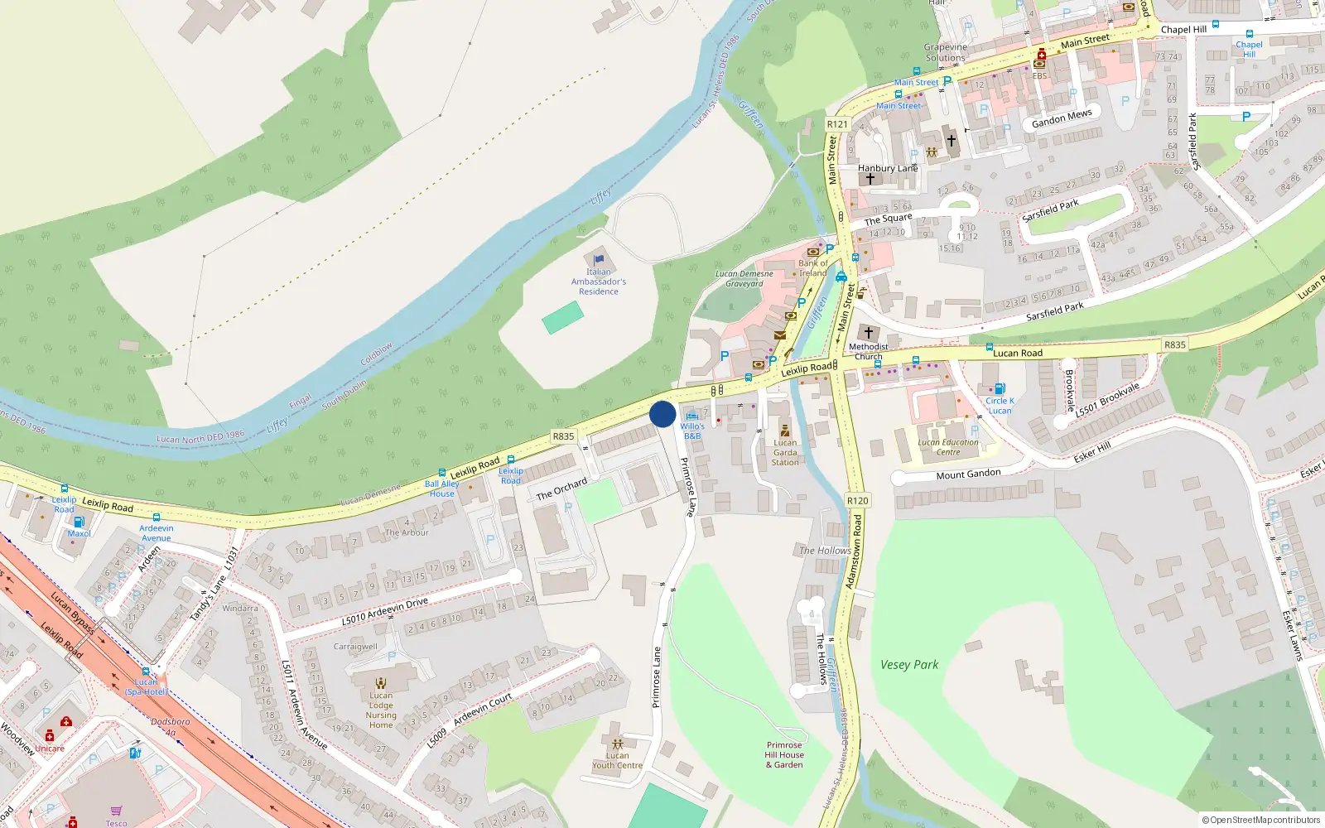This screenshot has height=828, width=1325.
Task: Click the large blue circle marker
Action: pos(662,414)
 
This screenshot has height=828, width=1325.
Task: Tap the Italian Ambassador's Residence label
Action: pos(599,282)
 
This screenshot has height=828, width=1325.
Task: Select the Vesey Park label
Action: pos(909,664)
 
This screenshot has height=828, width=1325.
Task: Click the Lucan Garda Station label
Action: pos(785,452)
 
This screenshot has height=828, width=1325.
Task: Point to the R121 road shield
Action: pos(837,124)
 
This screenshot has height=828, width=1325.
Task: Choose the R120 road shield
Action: pos(857,500)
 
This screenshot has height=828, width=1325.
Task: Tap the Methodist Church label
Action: pos(868,351)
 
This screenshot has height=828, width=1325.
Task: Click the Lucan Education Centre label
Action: pos(948,447)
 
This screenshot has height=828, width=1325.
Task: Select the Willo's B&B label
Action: pos(692,431)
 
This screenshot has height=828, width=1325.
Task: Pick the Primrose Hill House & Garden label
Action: pos(784,755)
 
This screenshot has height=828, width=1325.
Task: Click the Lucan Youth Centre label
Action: pos(617,760)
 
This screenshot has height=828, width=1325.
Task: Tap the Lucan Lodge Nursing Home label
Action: pos(381,710)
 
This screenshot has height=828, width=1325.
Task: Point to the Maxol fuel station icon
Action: pos(79,522)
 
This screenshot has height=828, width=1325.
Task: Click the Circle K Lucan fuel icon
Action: pos(1000,388)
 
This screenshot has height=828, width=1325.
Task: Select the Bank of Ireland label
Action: pos(812,267)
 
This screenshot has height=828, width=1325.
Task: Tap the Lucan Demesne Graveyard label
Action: pos(744,278)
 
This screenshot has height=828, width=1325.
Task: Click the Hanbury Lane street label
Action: pos(888,168)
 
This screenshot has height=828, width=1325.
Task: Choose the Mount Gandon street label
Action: pos(968,474)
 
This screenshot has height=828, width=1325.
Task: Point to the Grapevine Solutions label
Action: pos(946,52)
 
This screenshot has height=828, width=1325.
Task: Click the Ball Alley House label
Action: pos(441,489)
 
